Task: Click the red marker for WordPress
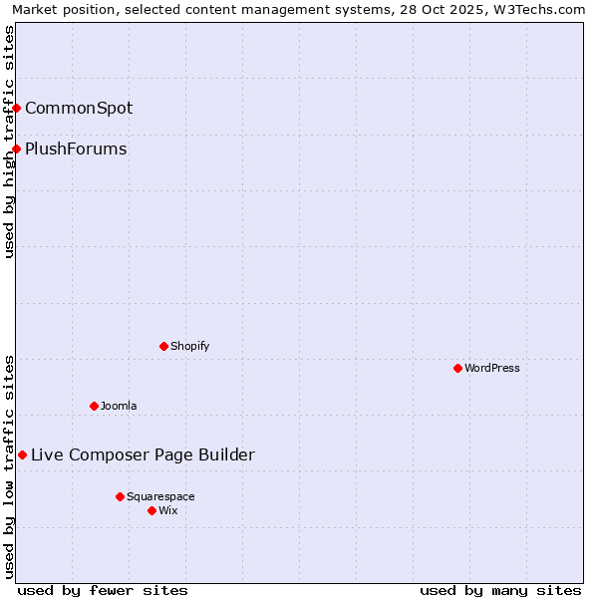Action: point(457,368)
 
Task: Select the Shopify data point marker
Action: point(163,346)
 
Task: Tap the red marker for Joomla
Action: point(94,406)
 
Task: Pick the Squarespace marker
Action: point(120,496)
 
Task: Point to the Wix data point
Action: point(151,510)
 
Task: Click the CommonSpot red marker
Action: point(17,108)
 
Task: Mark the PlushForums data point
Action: point(17,149)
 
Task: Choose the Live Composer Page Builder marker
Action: point(22,454)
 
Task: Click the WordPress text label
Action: point(492,368)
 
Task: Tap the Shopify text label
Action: point(190,346)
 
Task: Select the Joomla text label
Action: point(119,406)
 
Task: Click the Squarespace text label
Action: point(160,496)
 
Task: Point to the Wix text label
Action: point(168,510)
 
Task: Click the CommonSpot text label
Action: point(79,108)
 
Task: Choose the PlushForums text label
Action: point(76,149)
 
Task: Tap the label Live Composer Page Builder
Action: point(143,455)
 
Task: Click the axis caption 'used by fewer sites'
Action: point(103,590)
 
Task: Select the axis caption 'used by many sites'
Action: point(500,590)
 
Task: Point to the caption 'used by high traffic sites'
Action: point(9,142)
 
